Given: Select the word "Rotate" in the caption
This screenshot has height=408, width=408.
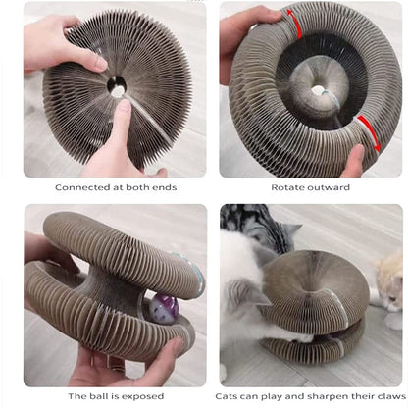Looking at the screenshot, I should (288, 186).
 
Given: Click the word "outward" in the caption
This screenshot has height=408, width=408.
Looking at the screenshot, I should (331, 186).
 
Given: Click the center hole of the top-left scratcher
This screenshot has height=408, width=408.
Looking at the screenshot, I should (118, 88).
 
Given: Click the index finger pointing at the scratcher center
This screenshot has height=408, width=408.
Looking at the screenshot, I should (120, 123).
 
